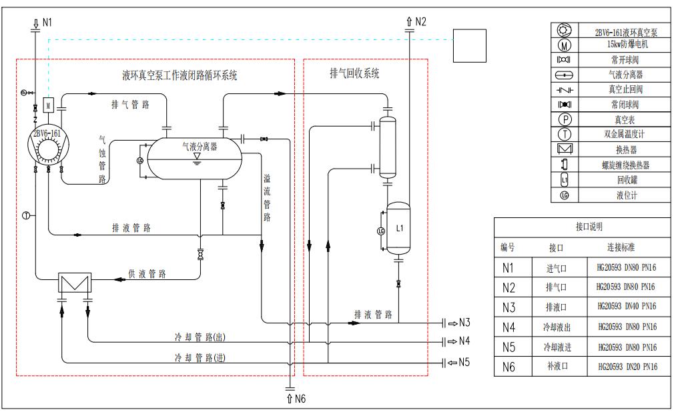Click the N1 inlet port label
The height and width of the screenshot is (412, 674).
point(47,22)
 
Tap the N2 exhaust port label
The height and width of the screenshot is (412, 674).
point(420,21)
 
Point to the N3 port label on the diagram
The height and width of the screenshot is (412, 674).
point(464,323)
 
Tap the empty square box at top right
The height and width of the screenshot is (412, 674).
point(469,45)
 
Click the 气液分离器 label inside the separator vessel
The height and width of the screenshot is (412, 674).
point(200,146)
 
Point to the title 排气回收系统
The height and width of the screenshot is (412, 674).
point(354,73)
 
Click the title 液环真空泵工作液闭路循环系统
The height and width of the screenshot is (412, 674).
point(179,75)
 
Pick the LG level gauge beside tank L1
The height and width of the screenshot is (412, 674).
point(381,231)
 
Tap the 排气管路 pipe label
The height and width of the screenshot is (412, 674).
point(131,105)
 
